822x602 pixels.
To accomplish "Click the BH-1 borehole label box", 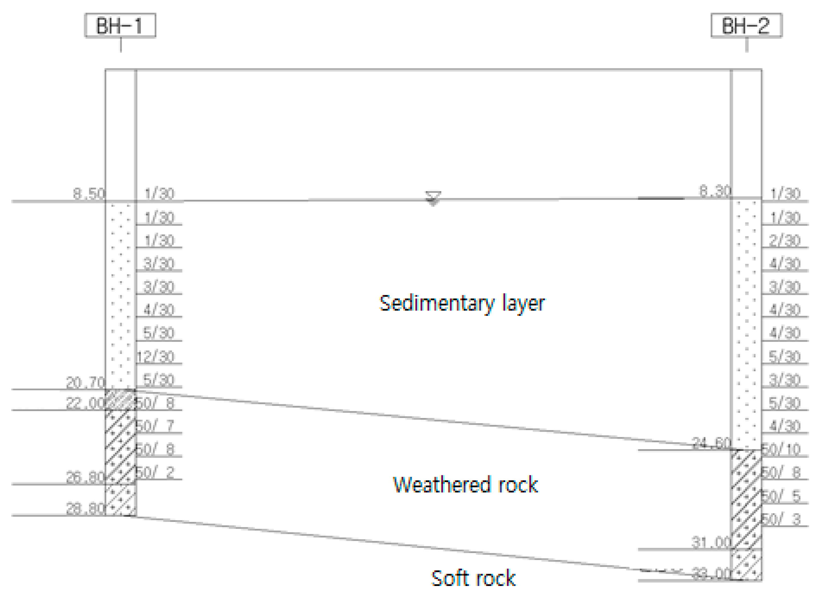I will (120, 25).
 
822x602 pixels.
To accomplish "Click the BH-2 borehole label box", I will (746, 25).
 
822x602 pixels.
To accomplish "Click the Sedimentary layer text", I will (462, 304).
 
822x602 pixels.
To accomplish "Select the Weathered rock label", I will (465, 485).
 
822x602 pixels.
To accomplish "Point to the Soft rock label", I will (473, 578).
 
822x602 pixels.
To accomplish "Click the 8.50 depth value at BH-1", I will (89, 193).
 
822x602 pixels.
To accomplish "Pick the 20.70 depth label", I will (85, 383).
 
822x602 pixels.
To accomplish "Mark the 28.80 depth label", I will (85, 509).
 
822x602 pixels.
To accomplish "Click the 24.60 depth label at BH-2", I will (711, 443).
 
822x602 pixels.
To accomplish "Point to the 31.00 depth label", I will (711, 542).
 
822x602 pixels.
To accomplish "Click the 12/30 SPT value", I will (156, 357).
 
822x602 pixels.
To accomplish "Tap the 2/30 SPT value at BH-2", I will (785, 241).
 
